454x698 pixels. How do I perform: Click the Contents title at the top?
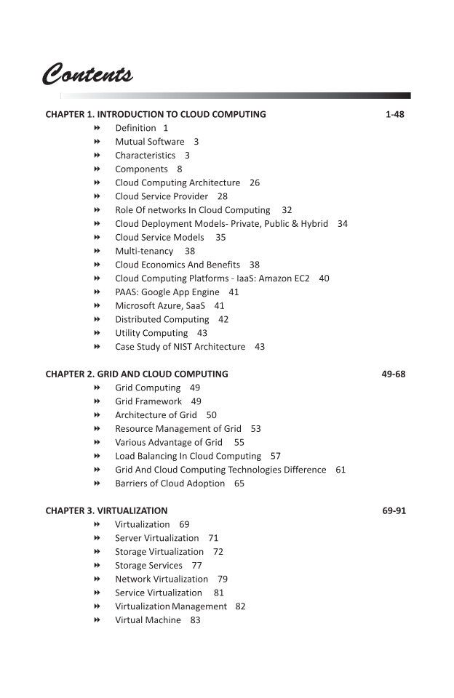click(87, 74)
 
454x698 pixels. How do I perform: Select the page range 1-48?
click(394, 114)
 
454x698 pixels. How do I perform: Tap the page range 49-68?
click(394, 374)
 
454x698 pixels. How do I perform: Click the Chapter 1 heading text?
click(156, 114)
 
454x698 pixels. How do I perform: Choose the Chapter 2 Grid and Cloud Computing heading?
click(137, 374)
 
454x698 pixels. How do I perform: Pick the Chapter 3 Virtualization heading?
click(106, 510)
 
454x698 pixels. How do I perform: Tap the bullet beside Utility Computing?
click(97, 333)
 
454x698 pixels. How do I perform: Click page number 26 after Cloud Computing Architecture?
click(254, 182)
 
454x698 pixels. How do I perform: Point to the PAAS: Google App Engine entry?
click(167, 292)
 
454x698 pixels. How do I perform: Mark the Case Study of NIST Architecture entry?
click(180, 347)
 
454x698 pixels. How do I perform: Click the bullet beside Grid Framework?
click(97, 401)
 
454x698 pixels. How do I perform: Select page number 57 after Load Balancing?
click(275, 456)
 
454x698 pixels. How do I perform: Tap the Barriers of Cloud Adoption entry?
click(170, 484)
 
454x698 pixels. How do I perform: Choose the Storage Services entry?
click(148, 565)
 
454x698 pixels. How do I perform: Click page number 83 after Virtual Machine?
click(195, 620)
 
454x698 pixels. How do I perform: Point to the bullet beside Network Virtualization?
click(97, 579)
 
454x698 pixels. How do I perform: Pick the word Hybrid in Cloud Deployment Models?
click(314, 224)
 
